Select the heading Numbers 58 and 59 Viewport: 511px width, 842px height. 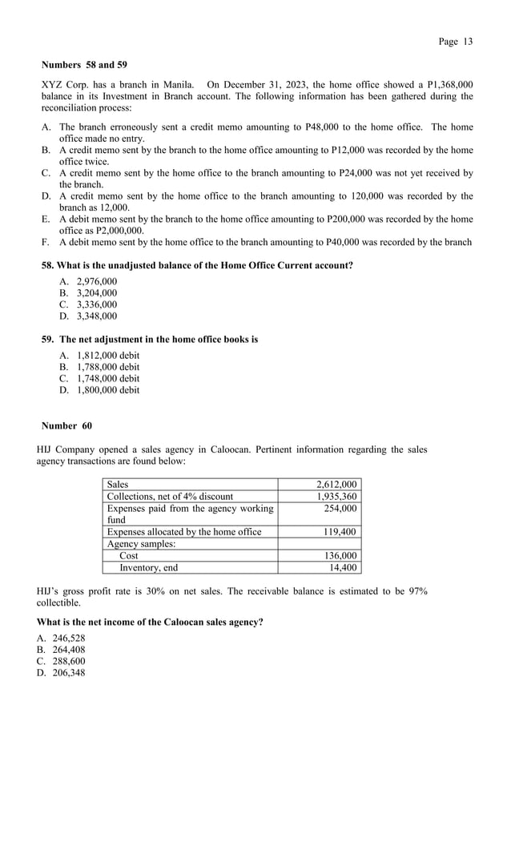coord(84,64)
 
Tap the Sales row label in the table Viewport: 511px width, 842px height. coord(118,485)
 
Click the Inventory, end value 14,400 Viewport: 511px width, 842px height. coord(343,568)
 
